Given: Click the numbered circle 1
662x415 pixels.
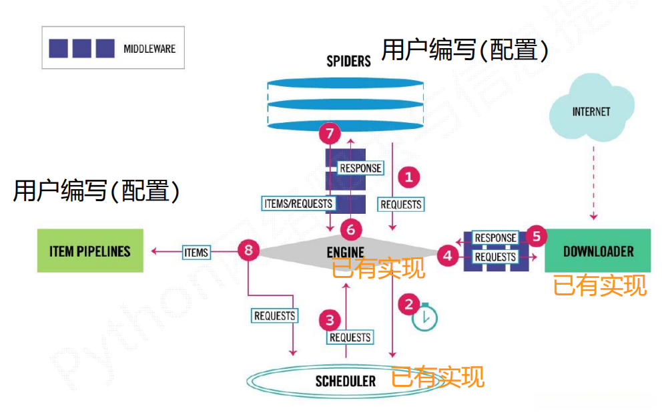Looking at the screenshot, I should click(408, 177).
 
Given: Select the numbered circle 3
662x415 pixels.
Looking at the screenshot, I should click(330, 319).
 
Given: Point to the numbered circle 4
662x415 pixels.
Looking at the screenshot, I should click(448, 255).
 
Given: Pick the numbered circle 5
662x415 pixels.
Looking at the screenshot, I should click(535, 236).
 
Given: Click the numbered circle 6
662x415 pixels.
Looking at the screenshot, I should click(351, 230).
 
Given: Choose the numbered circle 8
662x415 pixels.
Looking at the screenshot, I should click(248, 251).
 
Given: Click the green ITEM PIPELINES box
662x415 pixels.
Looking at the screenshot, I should click(89, 251).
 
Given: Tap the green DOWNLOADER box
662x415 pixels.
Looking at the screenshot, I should click(598, 251).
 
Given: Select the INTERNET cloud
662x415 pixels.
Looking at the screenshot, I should click(591, 111).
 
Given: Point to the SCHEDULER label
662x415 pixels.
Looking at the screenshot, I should click(346, 382).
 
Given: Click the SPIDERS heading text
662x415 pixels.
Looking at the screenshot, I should click(348, 61).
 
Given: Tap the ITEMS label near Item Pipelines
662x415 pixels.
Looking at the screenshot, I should click(196, 252).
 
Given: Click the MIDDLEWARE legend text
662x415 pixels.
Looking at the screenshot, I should click(149, 48).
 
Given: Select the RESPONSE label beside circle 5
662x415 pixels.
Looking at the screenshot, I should click(495, 237).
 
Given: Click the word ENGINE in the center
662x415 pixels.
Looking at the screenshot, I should click(346, 252).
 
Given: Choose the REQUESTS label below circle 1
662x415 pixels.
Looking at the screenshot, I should click(401, 204).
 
